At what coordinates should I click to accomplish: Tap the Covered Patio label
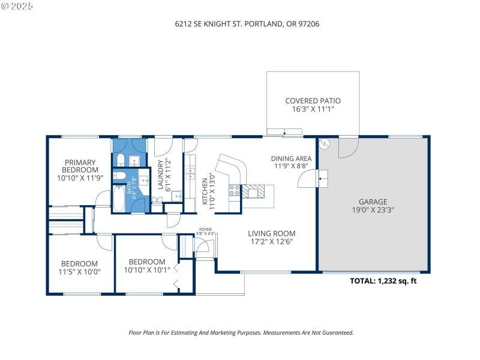tap(313, 101)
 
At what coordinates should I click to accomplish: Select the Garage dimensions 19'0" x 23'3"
tap(373, 210)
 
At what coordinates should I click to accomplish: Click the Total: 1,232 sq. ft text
tap(383, 281)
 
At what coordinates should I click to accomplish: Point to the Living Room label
tap(272, 233)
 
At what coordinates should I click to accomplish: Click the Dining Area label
tap(291, 158)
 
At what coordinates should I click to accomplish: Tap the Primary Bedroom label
tap(80, 166)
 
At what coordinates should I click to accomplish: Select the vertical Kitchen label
tap(205, 191)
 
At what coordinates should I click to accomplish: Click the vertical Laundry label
tap(160, 175)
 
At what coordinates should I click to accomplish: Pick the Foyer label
tap(205, 229)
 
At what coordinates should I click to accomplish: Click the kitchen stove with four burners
tap(235, 190)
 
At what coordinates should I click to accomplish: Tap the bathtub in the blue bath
tap(119, 198)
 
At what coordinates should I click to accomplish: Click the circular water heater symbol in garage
tap(324, 143)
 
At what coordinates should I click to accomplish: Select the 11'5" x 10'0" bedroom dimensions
tap(80, 272)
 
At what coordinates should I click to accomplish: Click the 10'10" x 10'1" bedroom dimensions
tap(147, 270)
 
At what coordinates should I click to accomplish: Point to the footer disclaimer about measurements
tap(241, 333)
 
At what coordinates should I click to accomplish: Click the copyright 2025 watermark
tap(17, 6)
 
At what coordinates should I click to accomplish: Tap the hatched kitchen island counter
tap(253, 191)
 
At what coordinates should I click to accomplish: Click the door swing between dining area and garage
tap(307, 179)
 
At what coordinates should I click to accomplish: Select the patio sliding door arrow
tap(284, 133)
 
